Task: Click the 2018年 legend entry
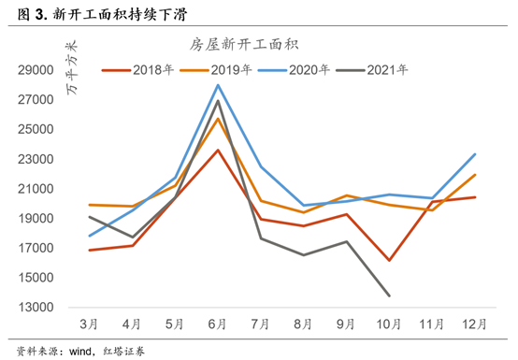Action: point(137,70)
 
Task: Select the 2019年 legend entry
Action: point(216,70)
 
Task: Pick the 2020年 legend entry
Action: point(294,70)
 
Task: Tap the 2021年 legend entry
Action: point(372,70)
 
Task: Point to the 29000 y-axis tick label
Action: point(36,70)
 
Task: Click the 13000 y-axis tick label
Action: point(36,307)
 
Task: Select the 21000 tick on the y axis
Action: point(36,189)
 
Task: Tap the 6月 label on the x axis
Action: point(217,324)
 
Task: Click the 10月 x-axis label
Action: point(389,324)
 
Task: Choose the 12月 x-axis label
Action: point(474,324)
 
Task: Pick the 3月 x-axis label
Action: point(89,324)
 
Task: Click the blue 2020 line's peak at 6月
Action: point(218,85)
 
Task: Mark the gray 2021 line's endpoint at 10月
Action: point(389,295)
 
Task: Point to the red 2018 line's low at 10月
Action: point(389,260)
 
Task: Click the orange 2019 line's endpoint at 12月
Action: point(475,175)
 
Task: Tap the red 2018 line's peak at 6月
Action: point(218,150)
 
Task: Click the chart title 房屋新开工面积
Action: point(244,45)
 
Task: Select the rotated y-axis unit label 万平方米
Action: point(72,67)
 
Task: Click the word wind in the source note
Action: point(80,352)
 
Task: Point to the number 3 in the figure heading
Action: point(39,15)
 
